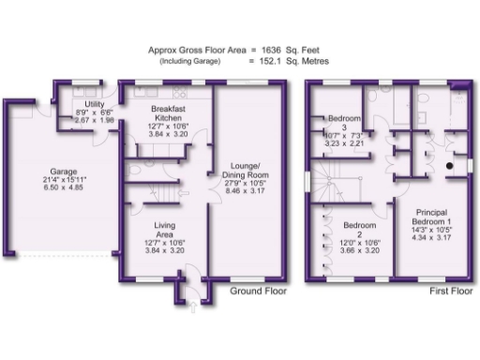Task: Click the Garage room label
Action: pos(63,172)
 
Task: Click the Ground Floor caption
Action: pos(258,292)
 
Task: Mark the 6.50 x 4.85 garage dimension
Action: pos(63,188)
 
